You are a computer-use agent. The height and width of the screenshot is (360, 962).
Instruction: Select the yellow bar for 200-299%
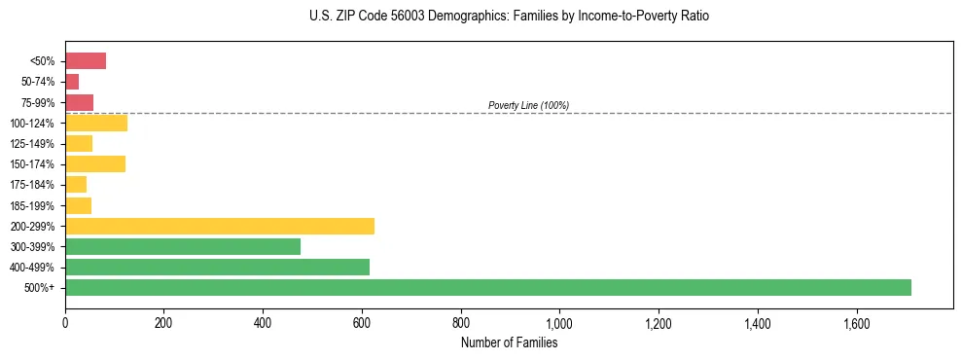(x=220, y=226)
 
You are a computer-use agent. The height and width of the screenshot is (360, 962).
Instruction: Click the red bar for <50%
(x=86, y=61)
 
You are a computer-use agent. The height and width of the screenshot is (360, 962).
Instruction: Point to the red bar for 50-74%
(x=72, y=82)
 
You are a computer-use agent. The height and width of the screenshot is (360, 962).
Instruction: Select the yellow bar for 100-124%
(x=96, y=123)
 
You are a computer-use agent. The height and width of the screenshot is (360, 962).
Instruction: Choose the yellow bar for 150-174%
(x=95, y=163)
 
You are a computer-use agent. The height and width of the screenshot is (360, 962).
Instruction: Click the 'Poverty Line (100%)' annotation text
(x=528, y=105)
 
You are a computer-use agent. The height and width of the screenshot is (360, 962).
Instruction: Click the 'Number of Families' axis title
(x=510, y=342)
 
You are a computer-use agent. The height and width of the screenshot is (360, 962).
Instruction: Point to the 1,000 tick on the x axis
(x=559, y=323)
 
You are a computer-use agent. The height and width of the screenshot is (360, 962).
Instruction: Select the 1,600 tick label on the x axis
(x=856, y=323)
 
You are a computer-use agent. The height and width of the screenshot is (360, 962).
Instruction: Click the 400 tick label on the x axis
(x=263, y=323)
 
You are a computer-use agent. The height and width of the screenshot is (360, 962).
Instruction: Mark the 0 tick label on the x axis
(x=65, y=323)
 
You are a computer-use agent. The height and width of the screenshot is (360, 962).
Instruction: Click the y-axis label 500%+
(x=41, y=287)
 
